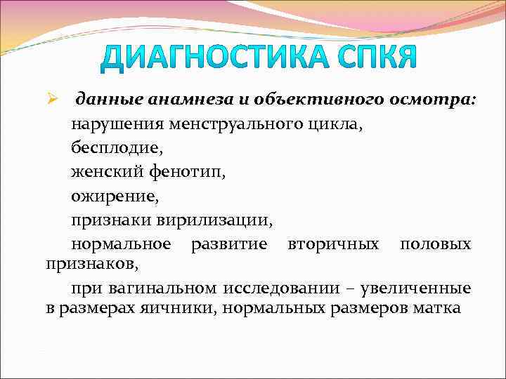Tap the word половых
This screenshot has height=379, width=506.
435,245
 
